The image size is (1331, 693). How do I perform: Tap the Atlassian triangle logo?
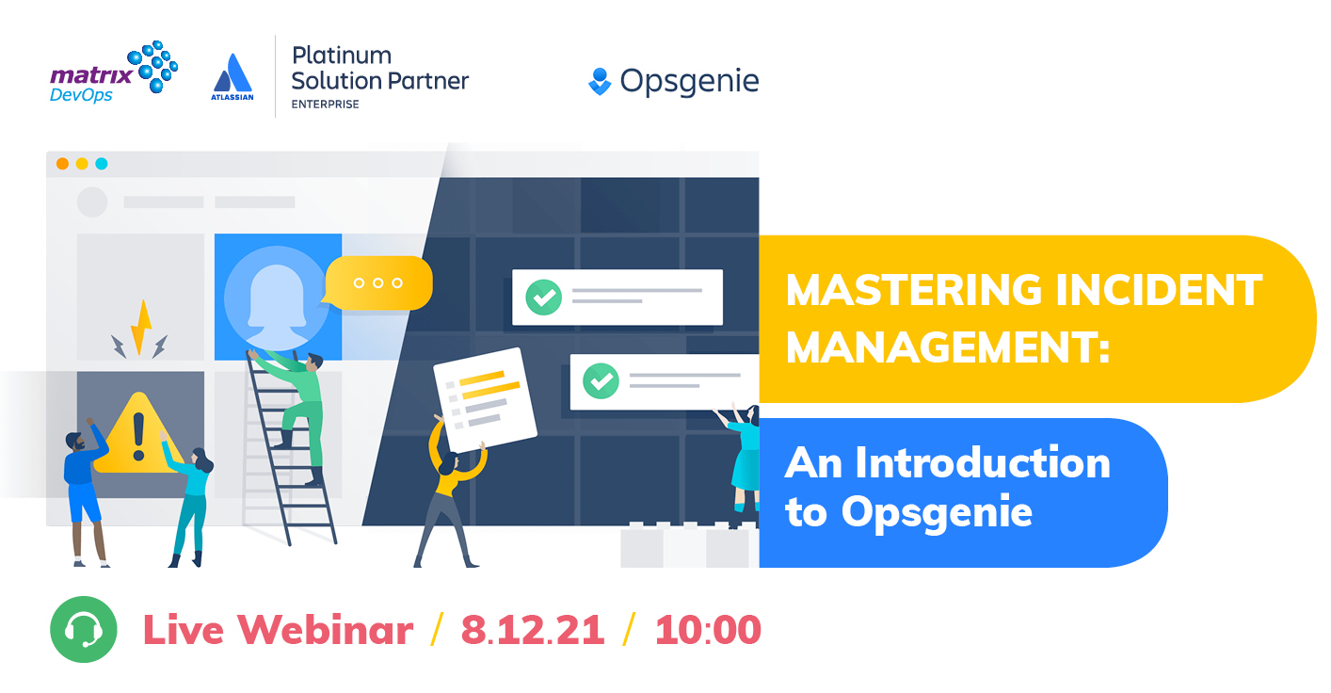[233, 74]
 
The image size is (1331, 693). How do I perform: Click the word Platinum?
[342, 55]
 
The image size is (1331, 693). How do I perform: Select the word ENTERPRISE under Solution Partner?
[326, 105]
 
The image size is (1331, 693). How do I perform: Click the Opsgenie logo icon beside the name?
[600, 82]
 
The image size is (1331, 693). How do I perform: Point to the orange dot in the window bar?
[62, 164]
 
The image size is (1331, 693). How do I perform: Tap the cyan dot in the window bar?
[102, 164]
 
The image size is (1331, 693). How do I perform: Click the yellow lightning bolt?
[141, 328]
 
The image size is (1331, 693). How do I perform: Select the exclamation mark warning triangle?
[137, 435]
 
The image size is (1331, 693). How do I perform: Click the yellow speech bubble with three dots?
[378, 282]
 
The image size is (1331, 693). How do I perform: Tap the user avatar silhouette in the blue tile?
[277, 298]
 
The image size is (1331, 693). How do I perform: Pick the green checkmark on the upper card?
[543, 298]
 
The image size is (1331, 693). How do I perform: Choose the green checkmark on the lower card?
[601, 381]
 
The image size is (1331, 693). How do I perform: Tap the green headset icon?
[83, 629]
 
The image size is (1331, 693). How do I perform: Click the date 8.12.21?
[532, 630]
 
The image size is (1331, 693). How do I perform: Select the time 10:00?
[707, 630]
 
